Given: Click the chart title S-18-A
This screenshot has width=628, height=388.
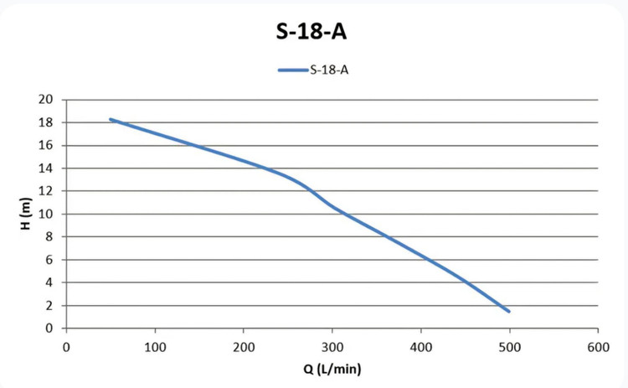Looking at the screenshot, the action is pos(311,31).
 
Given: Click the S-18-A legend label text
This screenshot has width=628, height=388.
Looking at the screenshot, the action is pos(329,70).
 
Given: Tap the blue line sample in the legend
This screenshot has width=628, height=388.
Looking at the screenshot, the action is pos(293,70).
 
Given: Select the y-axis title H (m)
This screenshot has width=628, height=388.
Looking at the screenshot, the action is pos(25,214).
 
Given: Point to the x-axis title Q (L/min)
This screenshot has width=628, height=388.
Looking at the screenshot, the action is pos(332,369).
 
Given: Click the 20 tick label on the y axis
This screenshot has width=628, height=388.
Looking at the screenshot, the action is pos(46,99).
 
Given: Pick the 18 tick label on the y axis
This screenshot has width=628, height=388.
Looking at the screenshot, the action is pos(46,122).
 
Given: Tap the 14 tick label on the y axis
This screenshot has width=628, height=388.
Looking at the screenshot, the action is pos(46,168).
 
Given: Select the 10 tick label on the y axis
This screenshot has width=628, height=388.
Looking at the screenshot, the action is pos(46,214).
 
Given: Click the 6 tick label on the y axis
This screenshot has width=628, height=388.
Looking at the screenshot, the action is pos(49,260).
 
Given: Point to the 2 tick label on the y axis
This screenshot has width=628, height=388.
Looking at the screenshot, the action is pos(49,305).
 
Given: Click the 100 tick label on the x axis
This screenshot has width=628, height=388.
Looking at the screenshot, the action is pos(155,347).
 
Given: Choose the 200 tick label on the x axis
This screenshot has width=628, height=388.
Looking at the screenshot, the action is pos(244,347).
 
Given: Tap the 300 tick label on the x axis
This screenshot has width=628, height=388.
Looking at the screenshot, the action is pos(332,347).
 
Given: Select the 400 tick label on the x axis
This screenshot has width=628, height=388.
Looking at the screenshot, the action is pos(421,347).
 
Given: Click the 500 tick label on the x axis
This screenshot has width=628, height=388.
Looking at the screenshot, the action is pos(509,347).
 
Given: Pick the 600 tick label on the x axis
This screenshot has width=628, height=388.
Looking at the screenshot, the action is pos(599,347).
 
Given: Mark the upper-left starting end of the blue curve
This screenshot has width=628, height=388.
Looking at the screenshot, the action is pos(111,119).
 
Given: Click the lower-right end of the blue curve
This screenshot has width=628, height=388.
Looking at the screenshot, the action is pos(509,312).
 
